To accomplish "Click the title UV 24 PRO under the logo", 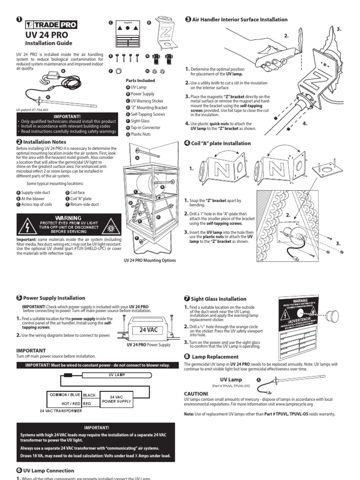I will click(46, 36).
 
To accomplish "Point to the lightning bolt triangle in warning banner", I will click(24, 226).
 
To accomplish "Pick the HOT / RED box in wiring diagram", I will click(66, 403).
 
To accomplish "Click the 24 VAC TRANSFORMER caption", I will click(60, 411).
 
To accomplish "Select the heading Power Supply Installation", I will click(54, 297).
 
